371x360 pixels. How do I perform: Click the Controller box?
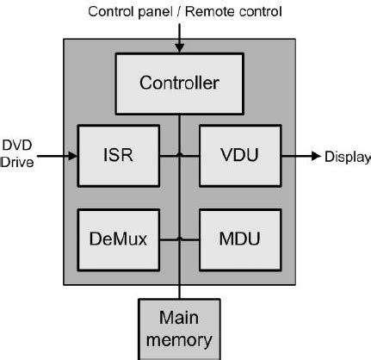tap(180, 84)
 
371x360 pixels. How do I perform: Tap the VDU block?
tap(233, 156)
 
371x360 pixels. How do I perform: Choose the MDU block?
tap(233, 239)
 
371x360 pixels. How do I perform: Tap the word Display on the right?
tap(347, 157)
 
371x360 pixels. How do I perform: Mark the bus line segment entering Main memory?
tap(180, 290)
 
